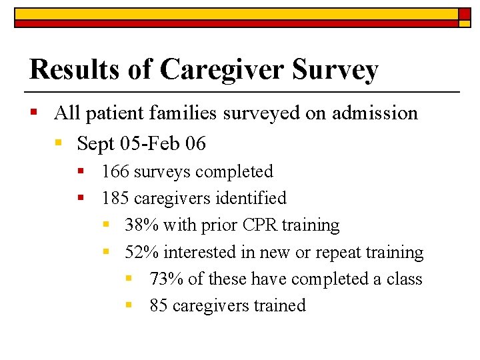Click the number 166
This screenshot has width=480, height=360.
point(116,172)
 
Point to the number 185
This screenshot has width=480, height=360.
point(116,199)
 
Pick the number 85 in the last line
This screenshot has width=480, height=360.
point(159,306)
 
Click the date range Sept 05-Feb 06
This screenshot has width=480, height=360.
point(141,143)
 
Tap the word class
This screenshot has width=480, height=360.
point(404,279)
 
